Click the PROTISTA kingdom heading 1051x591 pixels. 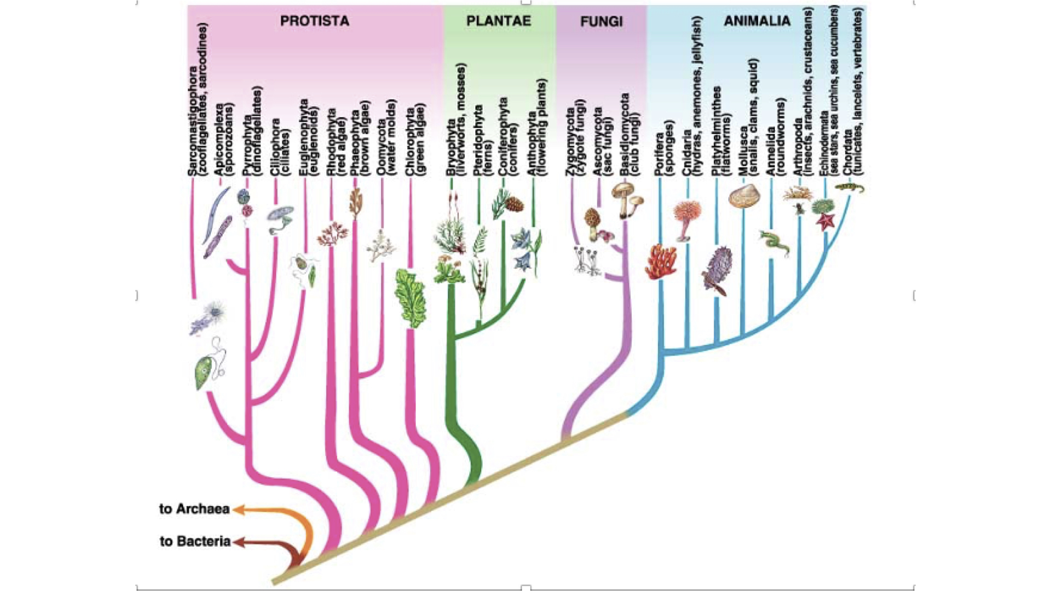pos(314,21)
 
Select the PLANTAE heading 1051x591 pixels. pos(498,21)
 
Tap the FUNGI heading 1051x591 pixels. pos(601,22)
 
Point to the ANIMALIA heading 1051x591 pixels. pos(757,21)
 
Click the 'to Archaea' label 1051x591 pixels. pos(194,509)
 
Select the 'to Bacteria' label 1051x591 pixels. pos(195,541)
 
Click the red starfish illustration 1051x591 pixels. pos(825,221)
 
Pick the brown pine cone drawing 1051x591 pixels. pos(515,204)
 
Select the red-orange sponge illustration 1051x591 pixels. pos(661,262)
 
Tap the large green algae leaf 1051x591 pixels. pos(411,298)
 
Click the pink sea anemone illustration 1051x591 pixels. pos(686,218)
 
